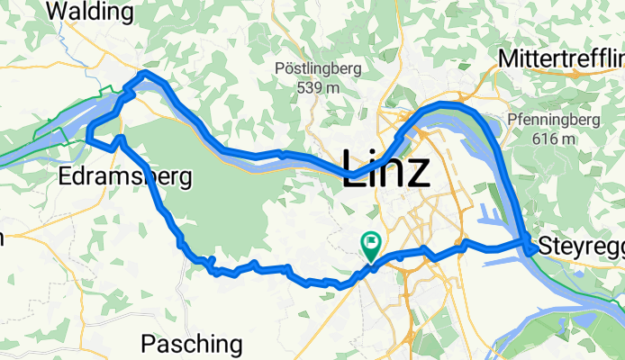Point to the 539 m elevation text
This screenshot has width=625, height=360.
[x=318, y=88]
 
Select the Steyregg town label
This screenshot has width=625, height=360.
[x=580, y=245]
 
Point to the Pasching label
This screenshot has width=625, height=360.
[x=192, y=344]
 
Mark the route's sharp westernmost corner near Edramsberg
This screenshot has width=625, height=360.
[x=88, y=138]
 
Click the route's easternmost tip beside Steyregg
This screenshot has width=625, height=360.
[x=530, y=241]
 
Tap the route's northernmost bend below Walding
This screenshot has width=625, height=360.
[x=144, y=75]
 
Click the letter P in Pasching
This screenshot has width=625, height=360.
[x=149, y=344]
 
